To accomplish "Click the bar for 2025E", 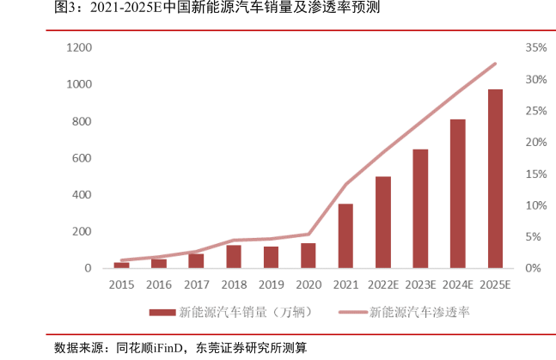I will (495, 179).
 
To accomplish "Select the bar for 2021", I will (345, 235).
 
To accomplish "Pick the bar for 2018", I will (234, 257).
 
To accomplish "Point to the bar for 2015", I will (121, 265).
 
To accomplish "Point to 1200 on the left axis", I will (78, 48).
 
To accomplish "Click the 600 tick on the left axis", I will (82, 158).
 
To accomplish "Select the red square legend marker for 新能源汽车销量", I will (161, 313).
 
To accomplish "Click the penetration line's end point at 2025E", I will (495, 64).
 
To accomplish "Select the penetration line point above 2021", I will (345, 185).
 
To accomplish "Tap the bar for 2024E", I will (458, 193).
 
